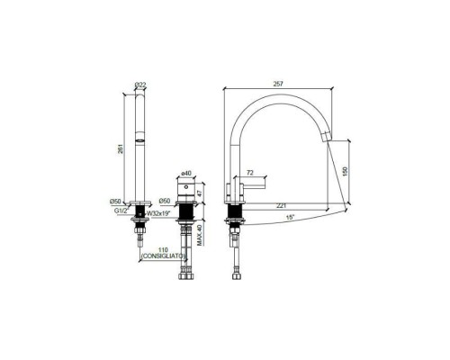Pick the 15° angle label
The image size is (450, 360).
pyautogui.click(x=290, y=219)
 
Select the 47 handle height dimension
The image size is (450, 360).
pyautogui.click(x=205, y=192)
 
